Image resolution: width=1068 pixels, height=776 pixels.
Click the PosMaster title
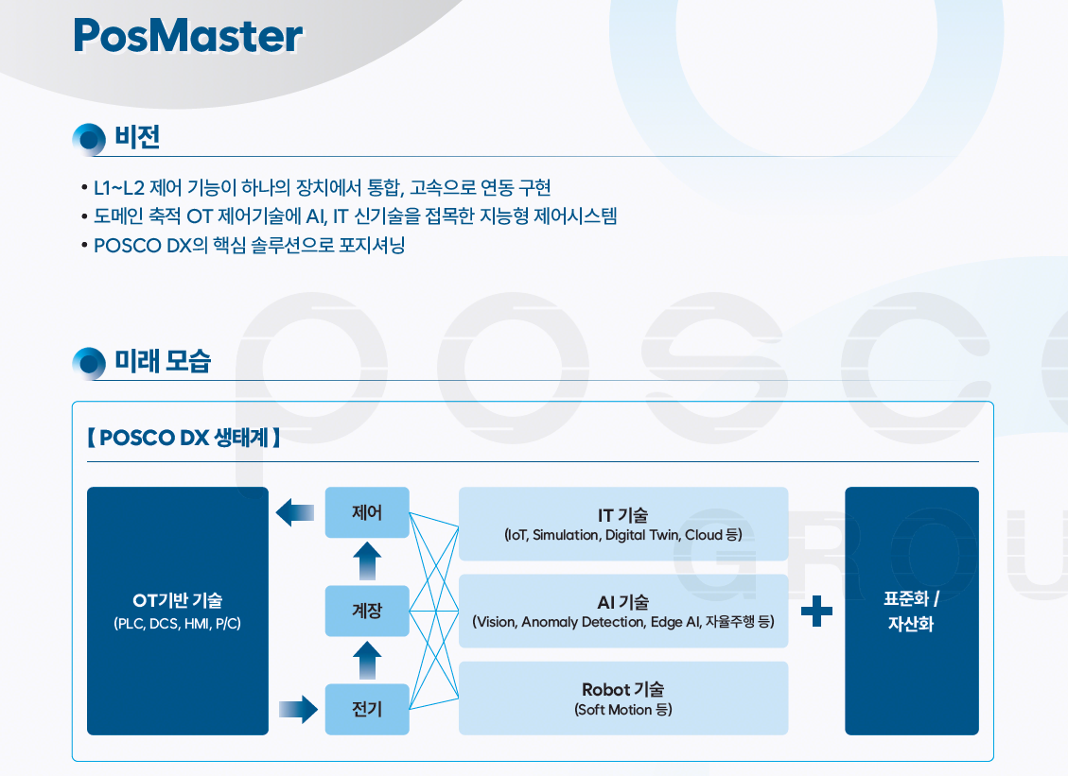pos(187,36)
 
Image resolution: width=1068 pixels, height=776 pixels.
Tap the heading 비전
pos(137,138)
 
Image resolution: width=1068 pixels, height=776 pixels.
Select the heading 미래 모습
pos(162,361)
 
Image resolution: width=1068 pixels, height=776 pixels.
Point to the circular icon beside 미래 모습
pos(89,363)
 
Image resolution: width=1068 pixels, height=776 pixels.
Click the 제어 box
pos(367,513)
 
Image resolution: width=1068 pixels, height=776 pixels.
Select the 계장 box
pos(367,611)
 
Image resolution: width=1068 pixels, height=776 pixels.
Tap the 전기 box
pos(367,709)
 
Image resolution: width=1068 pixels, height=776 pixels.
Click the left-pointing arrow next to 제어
pos(295,513)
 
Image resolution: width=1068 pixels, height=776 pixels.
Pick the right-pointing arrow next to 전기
pos(298,709)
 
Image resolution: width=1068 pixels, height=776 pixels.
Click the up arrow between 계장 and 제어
pos(367,561)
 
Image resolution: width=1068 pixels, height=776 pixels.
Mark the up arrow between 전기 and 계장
pos(367,660)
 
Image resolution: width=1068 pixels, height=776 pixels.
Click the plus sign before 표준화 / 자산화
pos(816,612)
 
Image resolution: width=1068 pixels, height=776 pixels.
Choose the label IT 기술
pos(622,515)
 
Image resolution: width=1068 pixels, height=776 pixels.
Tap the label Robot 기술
pos(622,690)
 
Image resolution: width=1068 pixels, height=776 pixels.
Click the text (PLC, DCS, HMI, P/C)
pos(177,624)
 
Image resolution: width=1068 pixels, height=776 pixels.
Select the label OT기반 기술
pos(178,600)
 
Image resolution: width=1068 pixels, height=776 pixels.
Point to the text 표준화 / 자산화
pos(911,612)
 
